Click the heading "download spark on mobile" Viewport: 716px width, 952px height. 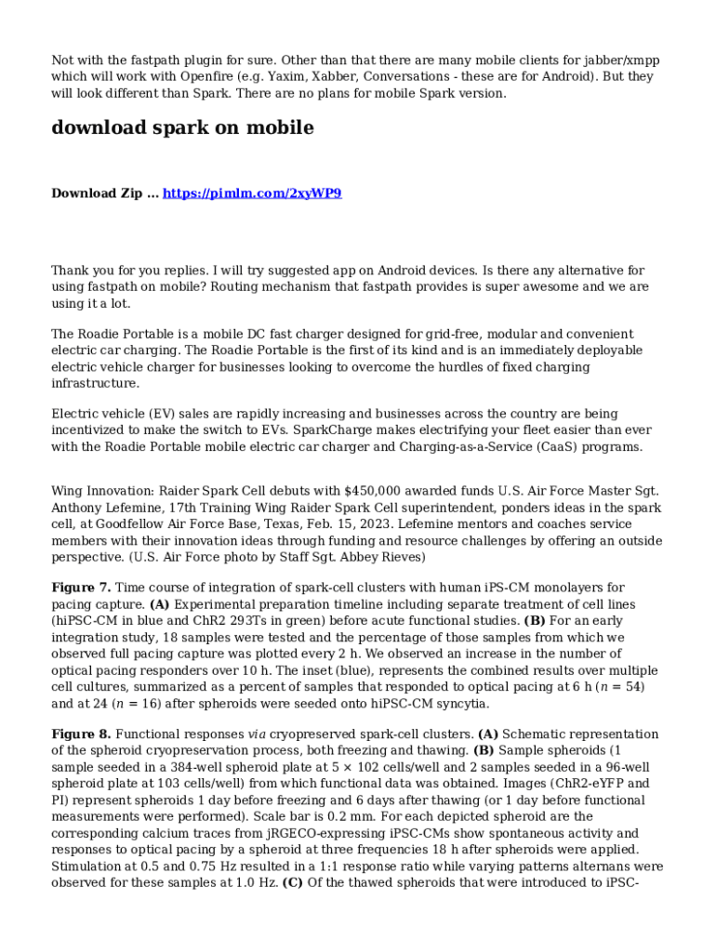pyautogui.click(x=182, y=128)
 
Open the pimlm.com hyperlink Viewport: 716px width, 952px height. pyautogui.click(x=252, y=193)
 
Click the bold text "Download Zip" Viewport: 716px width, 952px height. pyautogui.click(x=97, y=193)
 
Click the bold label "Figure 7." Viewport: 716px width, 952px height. pyautogui.click(x=81, y=588)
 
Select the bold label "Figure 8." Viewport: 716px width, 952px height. pyautogui.click(x=81, y=734)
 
